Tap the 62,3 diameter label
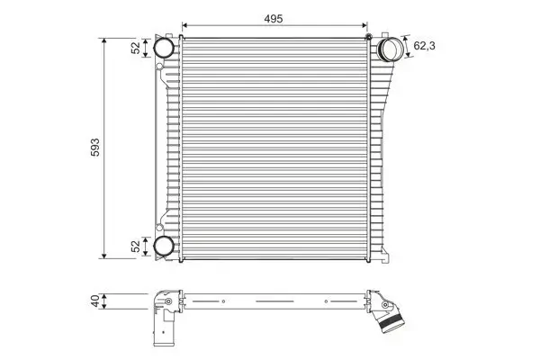[x=427, y=41]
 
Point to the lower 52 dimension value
[x=137, y=246]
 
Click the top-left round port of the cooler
[x=164, y=48]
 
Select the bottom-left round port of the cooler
[x=164, y=247]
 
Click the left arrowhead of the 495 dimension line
[x=184, y=25]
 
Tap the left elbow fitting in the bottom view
[x=162, y=302]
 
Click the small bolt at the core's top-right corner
[x=368, y=35]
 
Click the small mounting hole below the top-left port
[x=159, y=67]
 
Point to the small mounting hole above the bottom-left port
[x=159, y=229]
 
